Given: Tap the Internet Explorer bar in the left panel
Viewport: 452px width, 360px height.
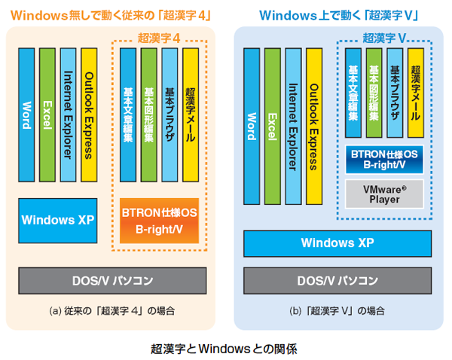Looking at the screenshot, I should tap(68, 114).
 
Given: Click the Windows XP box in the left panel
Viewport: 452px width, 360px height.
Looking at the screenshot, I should tap(58, 220).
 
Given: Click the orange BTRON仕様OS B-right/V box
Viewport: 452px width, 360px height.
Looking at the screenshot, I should tap(159, 221).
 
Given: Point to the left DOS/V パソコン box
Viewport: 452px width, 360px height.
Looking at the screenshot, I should tap(113, 280).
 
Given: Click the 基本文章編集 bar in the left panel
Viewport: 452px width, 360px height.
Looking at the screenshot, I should tap(127, 114).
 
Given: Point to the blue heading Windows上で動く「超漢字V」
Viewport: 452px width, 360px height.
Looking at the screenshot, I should tap(338, 14).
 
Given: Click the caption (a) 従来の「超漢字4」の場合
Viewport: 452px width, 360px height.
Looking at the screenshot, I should tap(111, 310).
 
